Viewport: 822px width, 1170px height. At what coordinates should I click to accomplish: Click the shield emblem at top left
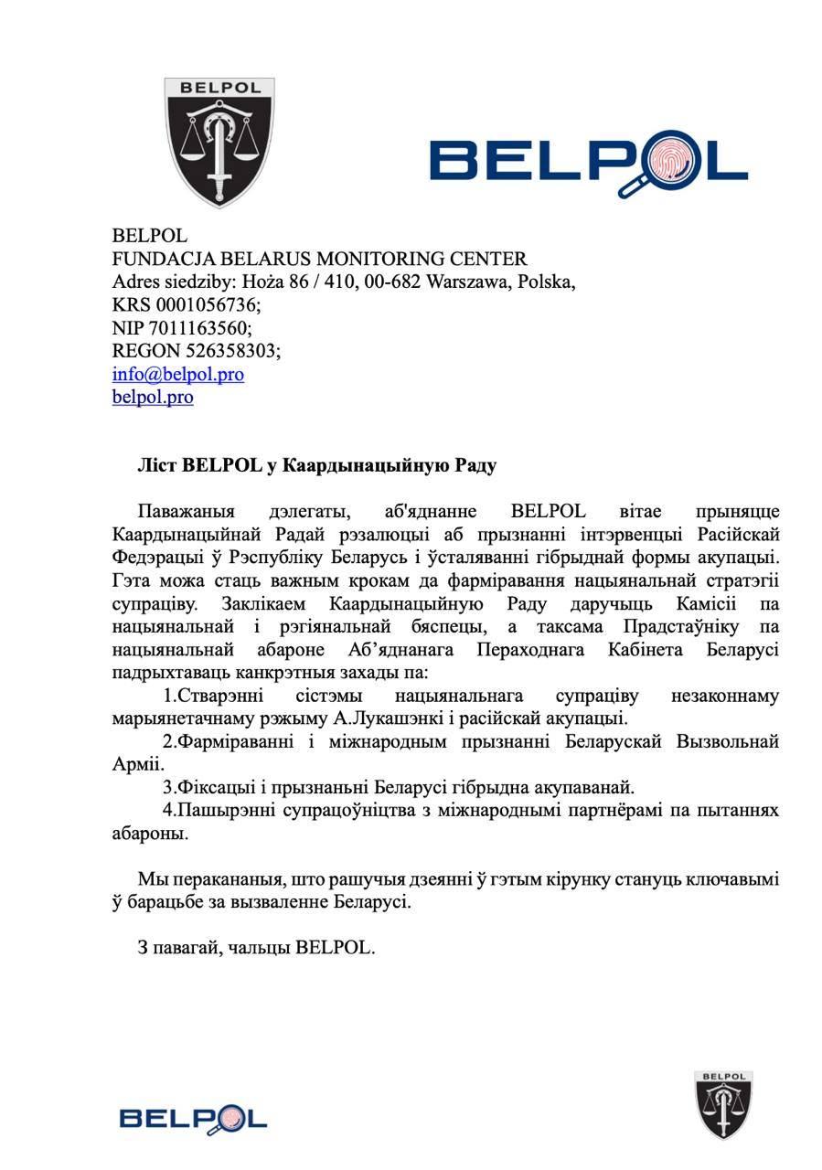219,142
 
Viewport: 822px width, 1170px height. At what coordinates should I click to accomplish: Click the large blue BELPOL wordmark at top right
589,164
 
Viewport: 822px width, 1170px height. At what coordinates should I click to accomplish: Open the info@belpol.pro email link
177,375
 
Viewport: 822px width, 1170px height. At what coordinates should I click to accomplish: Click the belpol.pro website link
153,398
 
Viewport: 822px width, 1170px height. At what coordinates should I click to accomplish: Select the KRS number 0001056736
204,305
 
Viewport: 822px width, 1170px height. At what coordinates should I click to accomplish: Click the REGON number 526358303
232,351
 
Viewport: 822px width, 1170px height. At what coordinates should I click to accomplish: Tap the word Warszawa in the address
467,282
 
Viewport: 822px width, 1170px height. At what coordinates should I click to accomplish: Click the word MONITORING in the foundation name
330,259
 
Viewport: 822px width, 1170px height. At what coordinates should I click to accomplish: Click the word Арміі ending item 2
138,764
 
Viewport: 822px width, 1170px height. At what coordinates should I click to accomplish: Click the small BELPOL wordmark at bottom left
193,1118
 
